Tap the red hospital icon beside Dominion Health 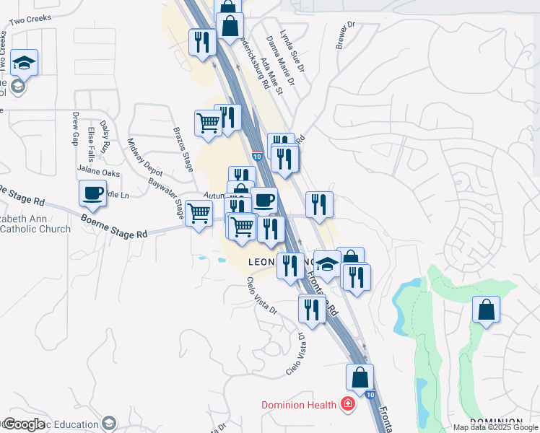(x=348, y=403)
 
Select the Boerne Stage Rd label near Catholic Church (x=114, y=226)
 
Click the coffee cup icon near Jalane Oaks (x=92, y=193)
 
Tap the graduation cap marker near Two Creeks (x=25, y=63)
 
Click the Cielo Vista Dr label (x=262, y=297)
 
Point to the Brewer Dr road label (x=346, y=35)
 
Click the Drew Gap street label (x=75, y=128)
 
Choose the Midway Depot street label (x=144, y=157)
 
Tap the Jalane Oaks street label (x=100, y=173)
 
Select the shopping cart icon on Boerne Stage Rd (x=199, y=213)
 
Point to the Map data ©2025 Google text (x=495, y=427)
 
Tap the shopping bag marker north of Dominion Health (x=360, y=377)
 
